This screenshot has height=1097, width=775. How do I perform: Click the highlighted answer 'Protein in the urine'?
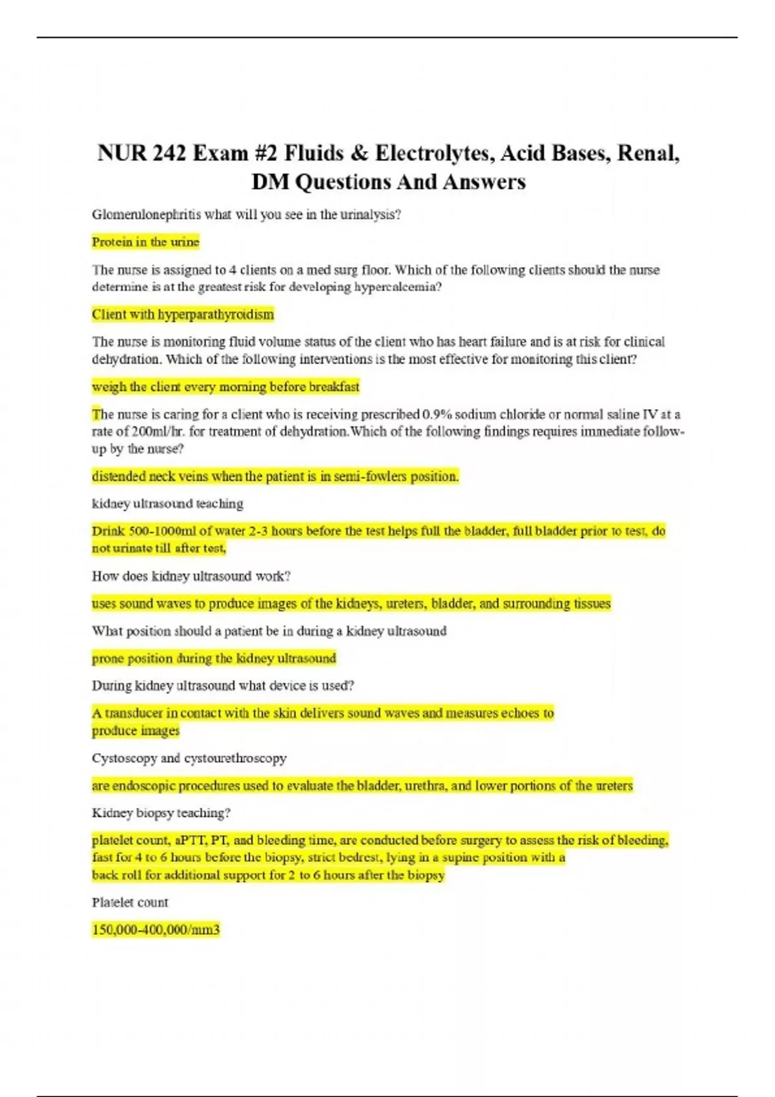[x=145, y=242]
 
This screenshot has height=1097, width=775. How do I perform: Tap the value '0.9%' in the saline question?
[x=437, y=414]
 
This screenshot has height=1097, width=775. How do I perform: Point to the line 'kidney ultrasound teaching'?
[x=167, y=503]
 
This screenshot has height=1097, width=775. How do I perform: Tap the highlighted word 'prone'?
[x=108, y=658]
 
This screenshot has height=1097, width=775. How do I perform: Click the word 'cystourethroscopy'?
[x=235, y=758]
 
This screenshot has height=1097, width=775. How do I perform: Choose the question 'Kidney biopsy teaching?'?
[x=161, y=813]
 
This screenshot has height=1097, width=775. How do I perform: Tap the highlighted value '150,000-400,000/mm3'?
[x=156, y=930]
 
